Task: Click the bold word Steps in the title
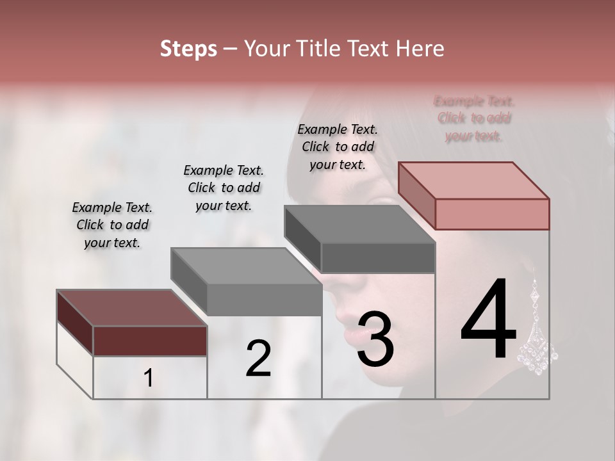pyautogui.click(x=188, y=49)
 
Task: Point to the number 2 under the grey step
pyautogui.click(x=258, y=359)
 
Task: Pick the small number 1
pyautogui.click(x=149, y=378)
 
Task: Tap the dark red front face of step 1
pyautogui.click(x=150, y=341)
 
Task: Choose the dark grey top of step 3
pyautogui.click(x=360, y=225)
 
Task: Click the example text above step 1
pyautogui.click(x=112, y=225)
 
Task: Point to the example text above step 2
pyautogui.click(x=224, y=188)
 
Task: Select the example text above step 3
pyautogui.click(x=338, y=147)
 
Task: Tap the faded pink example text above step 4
pyautogui.click(x=474, y=118)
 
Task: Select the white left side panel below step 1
pyautogui.click(x=75, y=361)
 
